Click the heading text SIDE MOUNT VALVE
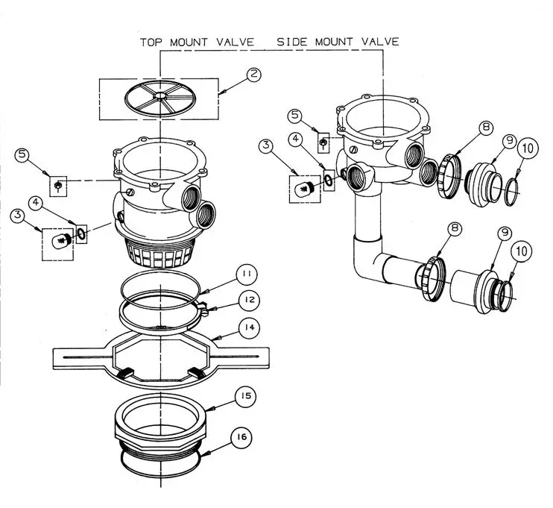[x=338, y=41]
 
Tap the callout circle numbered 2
[x=253, y=74]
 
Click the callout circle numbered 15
[x=244, y=396]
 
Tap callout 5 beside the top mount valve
[x=23, y=156]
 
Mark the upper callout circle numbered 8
[x=486, y=128]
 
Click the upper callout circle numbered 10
[x=527, y=148]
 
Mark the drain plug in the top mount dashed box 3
[x=57, y=239]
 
